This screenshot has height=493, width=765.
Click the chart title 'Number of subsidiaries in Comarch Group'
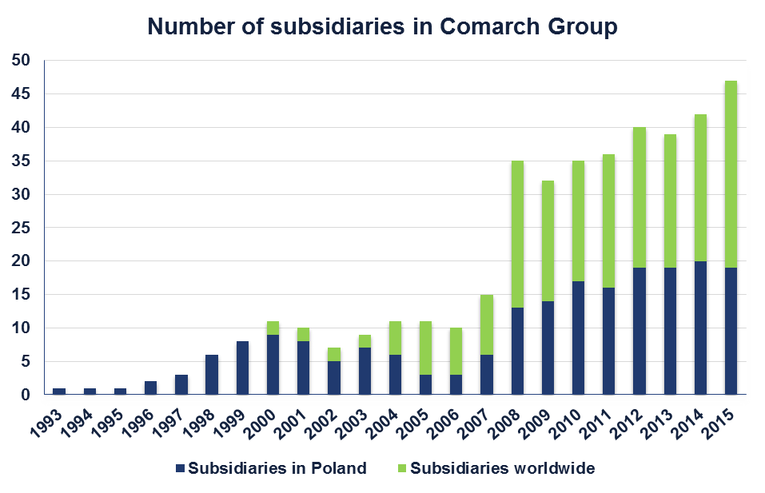click(382, 26)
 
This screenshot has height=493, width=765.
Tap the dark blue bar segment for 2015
click(731, 331)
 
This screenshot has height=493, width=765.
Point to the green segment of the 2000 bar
click(273, 328)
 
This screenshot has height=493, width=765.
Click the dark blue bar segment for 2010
click(578, 337)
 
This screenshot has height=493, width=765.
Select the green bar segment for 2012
click(639, 197)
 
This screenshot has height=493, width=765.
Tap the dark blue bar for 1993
click(59, 392)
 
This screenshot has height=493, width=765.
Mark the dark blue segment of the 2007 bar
click(487, 374)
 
